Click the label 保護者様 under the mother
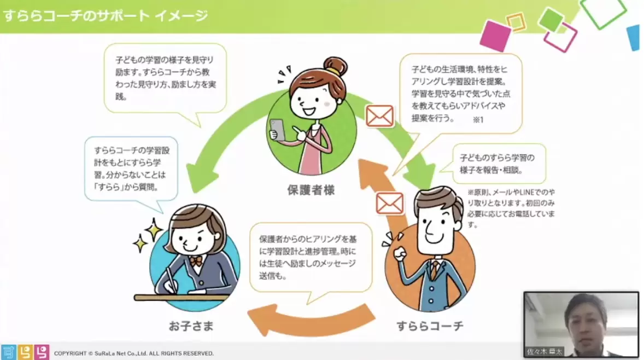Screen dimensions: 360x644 pyautogui.click(x=311, y=190)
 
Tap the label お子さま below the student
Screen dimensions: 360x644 pyautogui.click(x=191, y=327)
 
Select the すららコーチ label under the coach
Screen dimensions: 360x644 pyautogui.click(x=430, y=327)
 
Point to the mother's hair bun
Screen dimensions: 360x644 pyautogui.click(x=335, y=66)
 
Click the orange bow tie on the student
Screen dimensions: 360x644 pyautogui.click(x=196, y=261)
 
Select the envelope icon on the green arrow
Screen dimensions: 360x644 pyautogui.click(x=379, y=116)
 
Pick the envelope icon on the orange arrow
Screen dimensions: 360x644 pyautogui.click(x=389, y=203)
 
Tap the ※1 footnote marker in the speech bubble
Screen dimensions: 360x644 pyautogui.click(x=478, y=119)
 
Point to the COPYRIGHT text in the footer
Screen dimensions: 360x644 pyautogui.click(x=133, y=353)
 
